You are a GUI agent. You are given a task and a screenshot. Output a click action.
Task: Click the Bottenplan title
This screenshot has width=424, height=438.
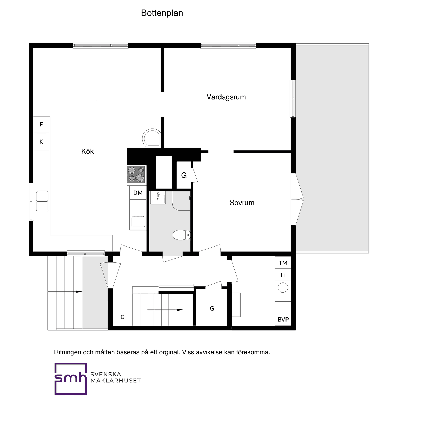coord(162,13)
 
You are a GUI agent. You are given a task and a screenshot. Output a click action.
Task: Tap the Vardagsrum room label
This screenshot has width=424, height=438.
coord(226,97)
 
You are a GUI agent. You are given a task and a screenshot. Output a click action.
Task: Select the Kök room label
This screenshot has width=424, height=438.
coord(87,151)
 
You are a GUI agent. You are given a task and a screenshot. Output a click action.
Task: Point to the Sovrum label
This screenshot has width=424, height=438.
coord(242,203)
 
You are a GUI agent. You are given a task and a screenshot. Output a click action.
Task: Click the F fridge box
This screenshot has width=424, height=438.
coord(41,125)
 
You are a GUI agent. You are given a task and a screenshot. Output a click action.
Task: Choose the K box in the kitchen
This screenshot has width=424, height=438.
coord(41,142)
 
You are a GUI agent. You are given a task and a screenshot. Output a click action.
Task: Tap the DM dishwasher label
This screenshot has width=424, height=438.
coord(138,193)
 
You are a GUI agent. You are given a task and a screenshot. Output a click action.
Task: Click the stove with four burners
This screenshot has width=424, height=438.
coord(136,174)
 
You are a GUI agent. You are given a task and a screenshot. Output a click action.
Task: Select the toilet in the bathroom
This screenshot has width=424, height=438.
coord(182,235)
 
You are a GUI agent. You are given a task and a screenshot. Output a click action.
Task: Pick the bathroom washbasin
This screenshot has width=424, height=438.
coord(158,198)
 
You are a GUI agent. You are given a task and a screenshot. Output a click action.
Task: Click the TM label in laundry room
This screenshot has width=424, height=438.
coord(283,263)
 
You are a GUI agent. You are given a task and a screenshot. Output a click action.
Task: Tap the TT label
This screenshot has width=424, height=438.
coord(283,275)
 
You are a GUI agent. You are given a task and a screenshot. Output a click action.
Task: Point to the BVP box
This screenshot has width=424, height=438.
coord(283,319)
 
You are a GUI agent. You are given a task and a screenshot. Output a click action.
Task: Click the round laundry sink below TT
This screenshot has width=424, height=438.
coord(283,288)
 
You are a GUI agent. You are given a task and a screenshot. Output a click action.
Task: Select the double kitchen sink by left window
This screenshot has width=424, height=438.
coord(42,201)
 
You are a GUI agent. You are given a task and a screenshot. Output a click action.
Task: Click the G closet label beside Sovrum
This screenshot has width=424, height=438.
coord(184,175)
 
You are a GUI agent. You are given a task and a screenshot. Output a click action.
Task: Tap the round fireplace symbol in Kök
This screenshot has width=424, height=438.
coord(152,138)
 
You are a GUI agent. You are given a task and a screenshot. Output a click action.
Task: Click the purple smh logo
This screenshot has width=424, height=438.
coord(71,379)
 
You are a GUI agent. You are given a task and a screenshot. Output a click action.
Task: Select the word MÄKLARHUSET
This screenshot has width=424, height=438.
coord(116,381)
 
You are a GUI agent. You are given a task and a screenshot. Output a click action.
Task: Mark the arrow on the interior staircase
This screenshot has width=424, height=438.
coord(180,310)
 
